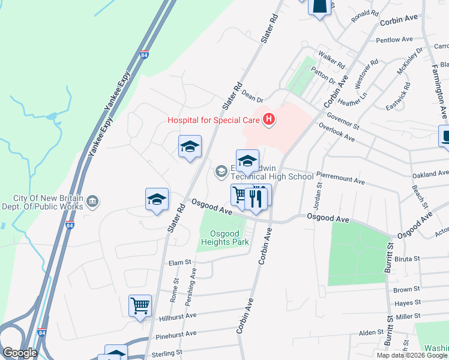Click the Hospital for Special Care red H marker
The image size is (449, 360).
[x=269, y=120]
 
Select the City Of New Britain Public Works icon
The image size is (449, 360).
[x=92, y=200]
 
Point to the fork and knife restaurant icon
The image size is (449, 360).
[x=257, y=197]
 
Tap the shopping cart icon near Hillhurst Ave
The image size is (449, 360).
[x=140, y=305]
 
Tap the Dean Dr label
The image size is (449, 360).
[x=252, y=95]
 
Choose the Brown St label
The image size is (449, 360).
[x=402, y=290]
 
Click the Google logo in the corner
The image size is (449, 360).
[x=20, y=352]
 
